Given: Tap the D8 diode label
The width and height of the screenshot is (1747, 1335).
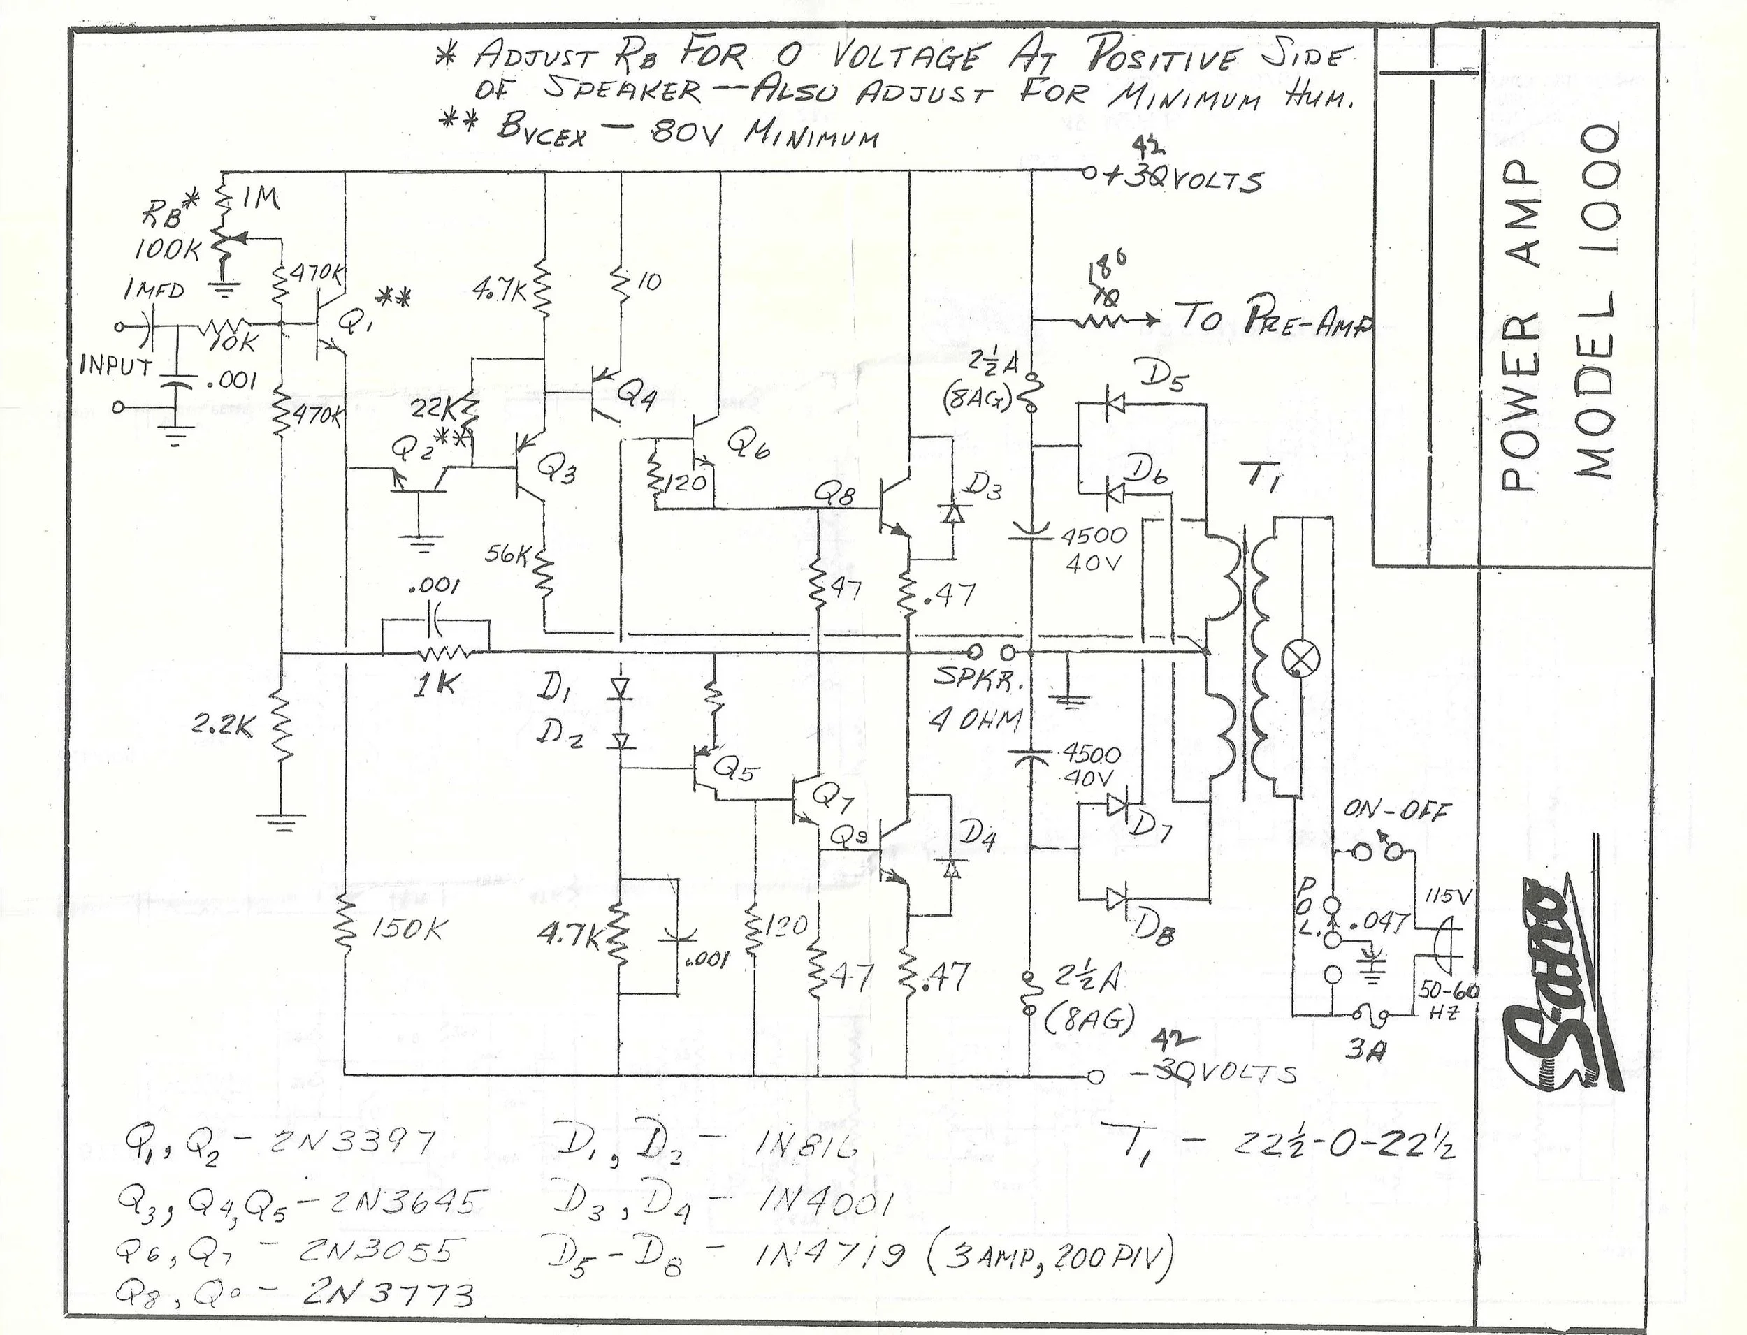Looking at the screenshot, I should [1150, 929].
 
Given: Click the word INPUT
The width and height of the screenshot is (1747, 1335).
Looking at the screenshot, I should [116, 367].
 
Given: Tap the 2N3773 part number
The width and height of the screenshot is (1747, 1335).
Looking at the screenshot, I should [388, 1296].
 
